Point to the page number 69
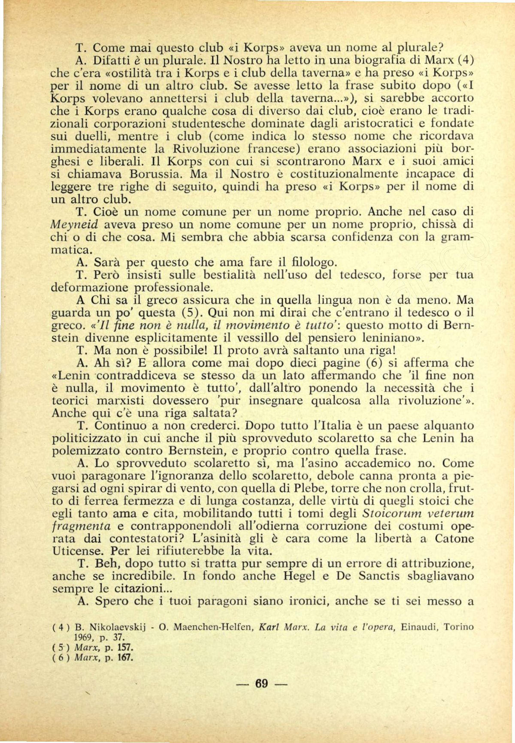[261, 683]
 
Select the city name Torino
[459, 627]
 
